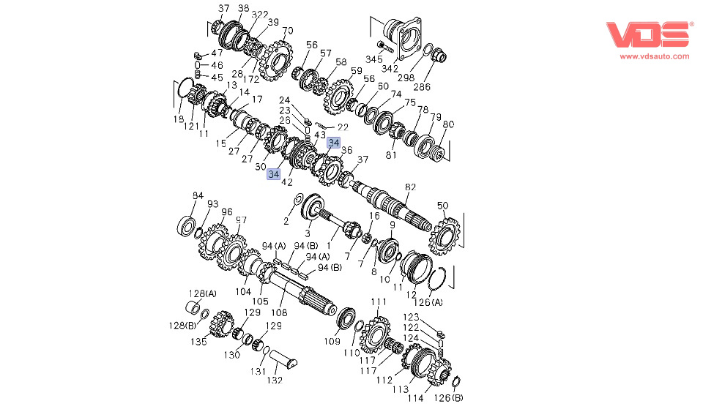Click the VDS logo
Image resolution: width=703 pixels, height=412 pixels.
click(647, 34)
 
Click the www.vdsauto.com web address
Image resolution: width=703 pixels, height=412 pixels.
click(655, 56)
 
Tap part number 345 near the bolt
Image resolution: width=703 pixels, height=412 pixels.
click(374, 59)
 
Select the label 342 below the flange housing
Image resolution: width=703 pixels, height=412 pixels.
click(390, 69)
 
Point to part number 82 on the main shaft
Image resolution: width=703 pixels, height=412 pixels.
click(410, 187)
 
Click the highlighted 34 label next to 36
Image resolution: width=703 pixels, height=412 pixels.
click(334, 143)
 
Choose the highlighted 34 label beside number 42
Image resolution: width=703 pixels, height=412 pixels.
click(273, 173)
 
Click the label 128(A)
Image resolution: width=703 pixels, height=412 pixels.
click(202, 293)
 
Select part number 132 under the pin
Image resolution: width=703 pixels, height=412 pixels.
click(275, 381)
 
